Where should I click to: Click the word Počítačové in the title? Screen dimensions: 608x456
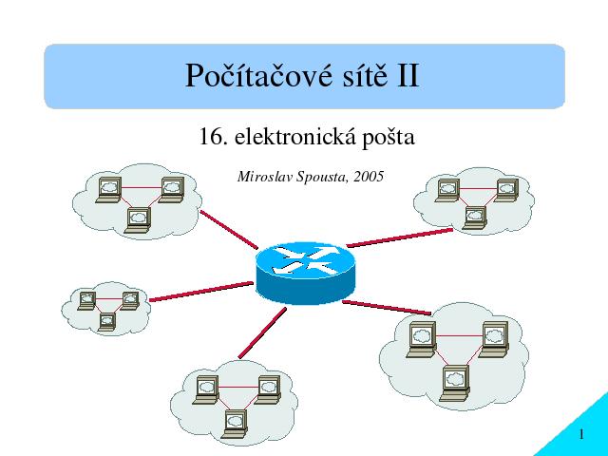(258, 76)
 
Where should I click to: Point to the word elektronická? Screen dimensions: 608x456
(295, 137)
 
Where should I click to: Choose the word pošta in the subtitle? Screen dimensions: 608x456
(389, 138)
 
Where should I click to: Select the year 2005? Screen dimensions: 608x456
(369, 177)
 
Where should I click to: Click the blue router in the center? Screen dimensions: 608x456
(305, 273)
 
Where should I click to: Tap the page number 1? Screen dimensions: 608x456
(581, 434)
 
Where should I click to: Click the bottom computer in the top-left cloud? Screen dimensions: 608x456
(139, 220)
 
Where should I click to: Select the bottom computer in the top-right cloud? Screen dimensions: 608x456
(474, 218)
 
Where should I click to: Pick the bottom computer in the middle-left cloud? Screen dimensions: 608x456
(107, 321)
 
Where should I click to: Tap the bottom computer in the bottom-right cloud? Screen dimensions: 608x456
(456, 383)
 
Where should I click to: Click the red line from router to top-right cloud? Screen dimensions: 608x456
(399, 237)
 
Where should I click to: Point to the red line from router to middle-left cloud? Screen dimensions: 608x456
(200, 292)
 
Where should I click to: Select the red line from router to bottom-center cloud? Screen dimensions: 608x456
(262, 332)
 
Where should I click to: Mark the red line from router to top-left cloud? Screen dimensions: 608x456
(229, 230)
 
